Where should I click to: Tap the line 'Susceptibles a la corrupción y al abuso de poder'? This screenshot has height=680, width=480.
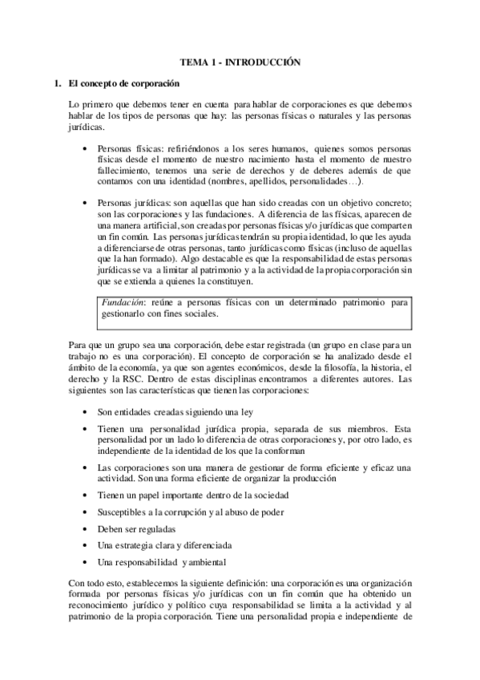coord(192,512)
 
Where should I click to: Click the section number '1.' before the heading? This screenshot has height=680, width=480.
coord(57,83)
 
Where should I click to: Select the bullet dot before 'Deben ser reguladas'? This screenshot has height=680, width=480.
coord(86,530)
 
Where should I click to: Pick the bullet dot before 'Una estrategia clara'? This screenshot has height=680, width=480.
coord(86,547)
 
